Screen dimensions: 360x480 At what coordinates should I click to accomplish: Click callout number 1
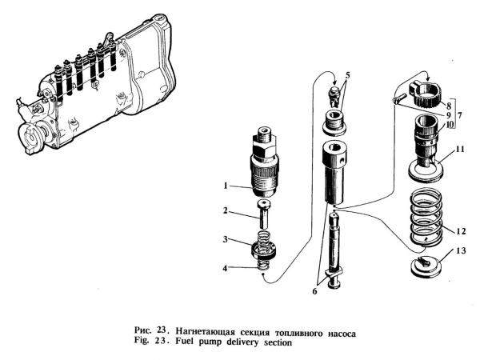(227, 186)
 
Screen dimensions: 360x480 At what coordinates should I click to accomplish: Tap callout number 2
(227, 211)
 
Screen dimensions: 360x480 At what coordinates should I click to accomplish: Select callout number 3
(227, 238)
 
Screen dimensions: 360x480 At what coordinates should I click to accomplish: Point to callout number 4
(227, 266)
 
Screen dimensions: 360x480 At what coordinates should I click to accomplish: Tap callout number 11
(461, 148)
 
